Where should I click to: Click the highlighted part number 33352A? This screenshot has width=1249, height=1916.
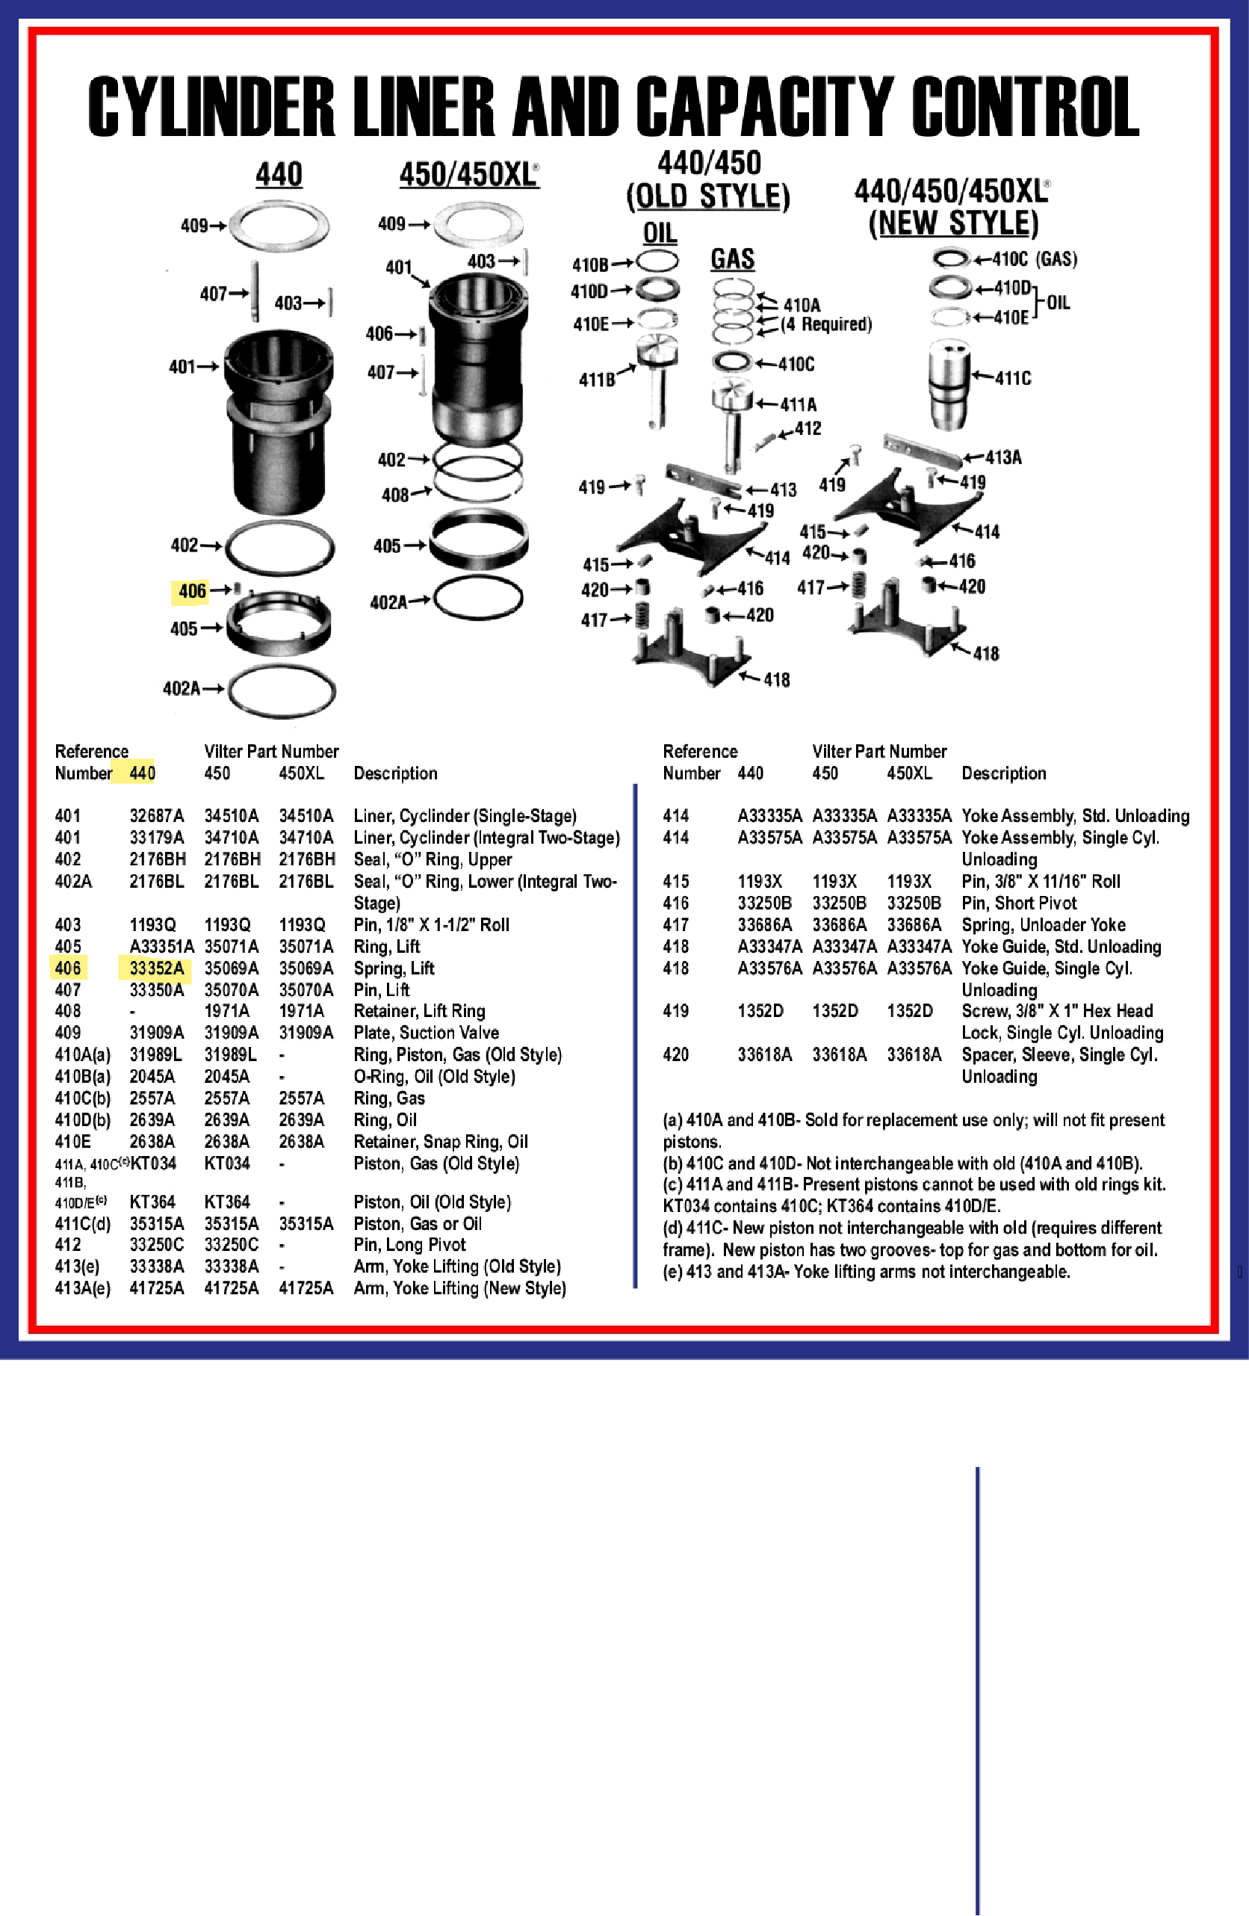(x=156, y=968)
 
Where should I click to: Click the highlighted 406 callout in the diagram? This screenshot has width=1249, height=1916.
(x=191, y=591)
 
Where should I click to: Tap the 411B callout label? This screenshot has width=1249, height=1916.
(x=597, y=380)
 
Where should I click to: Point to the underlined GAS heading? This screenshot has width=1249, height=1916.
(x=731, y=259)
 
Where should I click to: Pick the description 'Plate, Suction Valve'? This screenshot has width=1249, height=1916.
(x=426, y=1033)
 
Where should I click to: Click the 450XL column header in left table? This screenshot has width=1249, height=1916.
(x=301, y=773)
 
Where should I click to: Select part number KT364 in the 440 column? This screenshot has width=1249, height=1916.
(x=152, y=1202)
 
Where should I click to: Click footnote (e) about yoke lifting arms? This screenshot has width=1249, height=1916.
(x=865, y=1272)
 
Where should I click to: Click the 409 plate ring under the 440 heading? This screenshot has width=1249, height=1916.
(x=279, y=226)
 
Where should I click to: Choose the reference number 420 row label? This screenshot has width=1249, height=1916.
(x=675, y=1054)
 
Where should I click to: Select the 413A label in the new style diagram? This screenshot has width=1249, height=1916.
(x=1002, y=457)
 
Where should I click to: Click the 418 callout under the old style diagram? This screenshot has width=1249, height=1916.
(x=776, y=679)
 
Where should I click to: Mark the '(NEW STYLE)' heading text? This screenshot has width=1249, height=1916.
(x=953, y=223)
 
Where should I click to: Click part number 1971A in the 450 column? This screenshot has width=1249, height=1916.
(x=226, y=1011)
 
